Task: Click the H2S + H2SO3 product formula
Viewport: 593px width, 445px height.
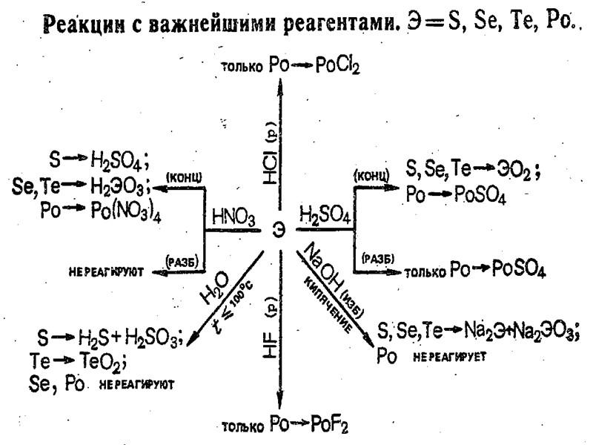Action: point(130,340)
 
